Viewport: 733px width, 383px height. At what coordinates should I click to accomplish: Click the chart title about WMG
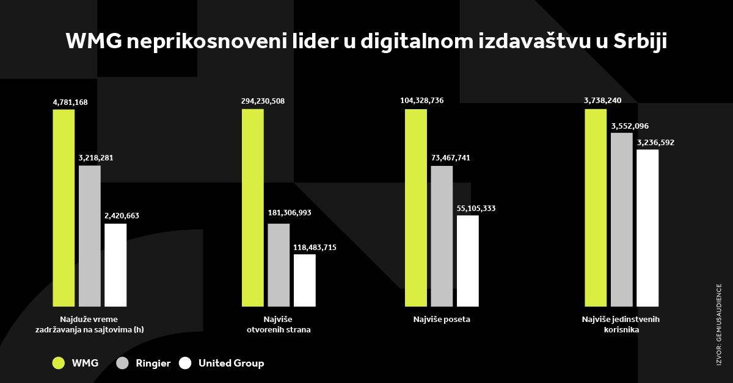pos(366,42)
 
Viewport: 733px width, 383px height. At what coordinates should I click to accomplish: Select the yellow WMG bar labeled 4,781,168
pos(64,207)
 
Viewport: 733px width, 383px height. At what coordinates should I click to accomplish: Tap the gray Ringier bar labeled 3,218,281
pos(90,235)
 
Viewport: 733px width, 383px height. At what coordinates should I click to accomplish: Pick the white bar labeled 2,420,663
pos(115,265)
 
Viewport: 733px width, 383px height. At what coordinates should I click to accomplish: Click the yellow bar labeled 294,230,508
pos(253,207)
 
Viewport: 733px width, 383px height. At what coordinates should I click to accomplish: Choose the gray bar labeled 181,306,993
pos(279,265)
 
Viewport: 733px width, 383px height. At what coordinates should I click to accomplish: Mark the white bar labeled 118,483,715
pos(305,280)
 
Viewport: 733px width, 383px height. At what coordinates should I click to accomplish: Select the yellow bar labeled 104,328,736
pos(415,207)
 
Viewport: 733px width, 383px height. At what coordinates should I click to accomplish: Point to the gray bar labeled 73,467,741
pos(442,235)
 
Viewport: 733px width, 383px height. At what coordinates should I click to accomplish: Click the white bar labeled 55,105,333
pos(468,260)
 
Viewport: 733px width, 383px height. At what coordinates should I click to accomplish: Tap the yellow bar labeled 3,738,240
pos(596,207)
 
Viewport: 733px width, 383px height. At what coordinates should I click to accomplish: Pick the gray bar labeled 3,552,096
pos(622,219)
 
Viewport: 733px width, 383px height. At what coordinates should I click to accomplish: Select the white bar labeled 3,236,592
pos(647,227)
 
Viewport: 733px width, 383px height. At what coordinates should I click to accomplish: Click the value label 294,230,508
pos(263,101)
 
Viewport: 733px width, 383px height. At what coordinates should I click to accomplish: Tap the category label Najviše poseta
pos(441,319)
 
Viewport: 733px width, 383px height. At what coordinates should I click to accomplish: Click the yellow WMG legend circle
pos(59,363)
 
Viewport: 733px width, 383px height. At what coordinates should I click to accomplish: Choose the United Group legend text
pos(231,363)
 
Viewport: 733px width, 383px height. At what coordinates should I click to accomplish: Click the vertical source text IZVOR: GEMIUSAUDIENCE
pos(719,323)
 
